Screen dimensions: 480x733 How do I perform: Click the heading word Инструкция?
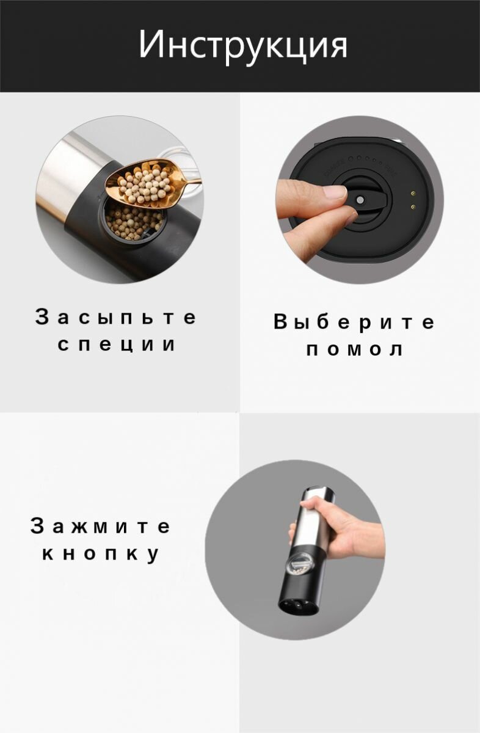coord(243,46)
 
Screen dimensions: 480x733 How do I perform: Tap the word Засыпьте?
coord(116,318)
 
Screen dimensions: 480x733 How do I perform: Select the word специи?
coord(117,345)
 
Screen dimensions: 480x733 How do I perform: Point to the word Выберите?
coord(354,321)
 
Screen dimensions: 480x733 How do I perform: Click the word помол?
coord(355,349)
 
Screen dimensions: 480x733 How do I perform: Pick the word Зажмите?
coord(100,526)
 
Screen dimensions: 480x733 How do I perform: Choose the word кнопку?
coord(100,554)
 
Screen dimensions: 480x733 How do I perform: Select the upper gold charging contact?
coord(413,194)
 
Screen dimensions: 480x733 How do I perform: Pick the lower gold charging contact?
coord(413,206)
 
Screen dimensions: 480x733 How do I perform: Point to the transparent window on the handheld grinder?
coord(300,563)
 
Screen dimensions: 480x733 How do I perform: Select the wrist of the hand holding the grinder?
coord(373,540)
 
